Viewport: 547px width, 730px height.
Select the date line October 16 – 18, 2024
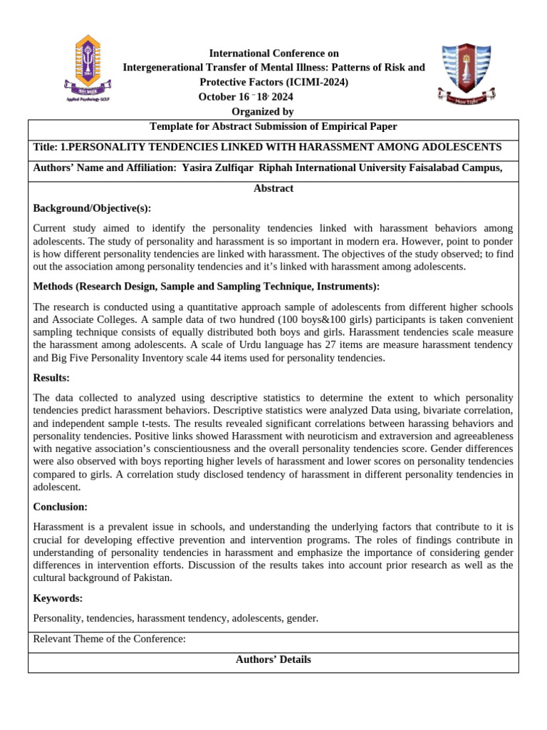(x=245, y=97)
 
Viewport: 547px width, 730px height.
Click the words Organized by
(x=262, y=111)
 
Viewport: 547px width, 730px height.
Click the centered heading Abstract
(x=273, y=188)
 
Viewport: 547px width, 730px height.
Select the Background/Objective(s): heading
(x=92, y=208)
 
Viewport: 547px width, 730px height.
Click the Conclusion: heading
(x=61, y=507)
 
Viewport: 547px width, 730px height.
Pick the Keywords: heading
(x=58, y=598)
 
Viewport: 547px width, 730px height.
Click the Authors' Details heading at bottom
(x=273, y=659)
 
